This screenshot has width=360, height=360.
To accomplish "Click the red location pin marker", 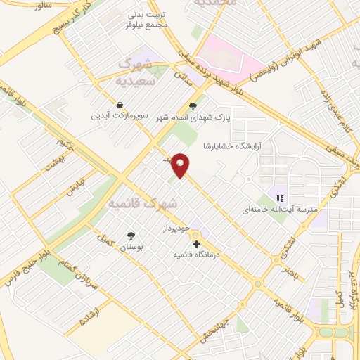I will tap(181, 166).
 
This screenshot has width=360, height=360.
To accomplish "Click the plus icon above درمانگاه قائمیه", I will tap(196, 243).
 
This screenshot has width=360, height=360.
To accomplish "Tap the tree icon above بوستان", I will tap(130, 236).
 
